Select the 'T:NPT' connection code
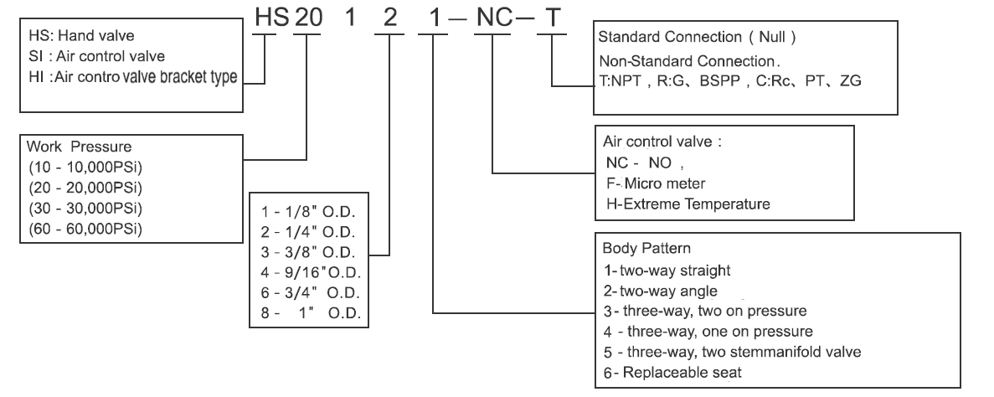click(621, 82)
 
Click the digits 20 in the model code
click(308, 18)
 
